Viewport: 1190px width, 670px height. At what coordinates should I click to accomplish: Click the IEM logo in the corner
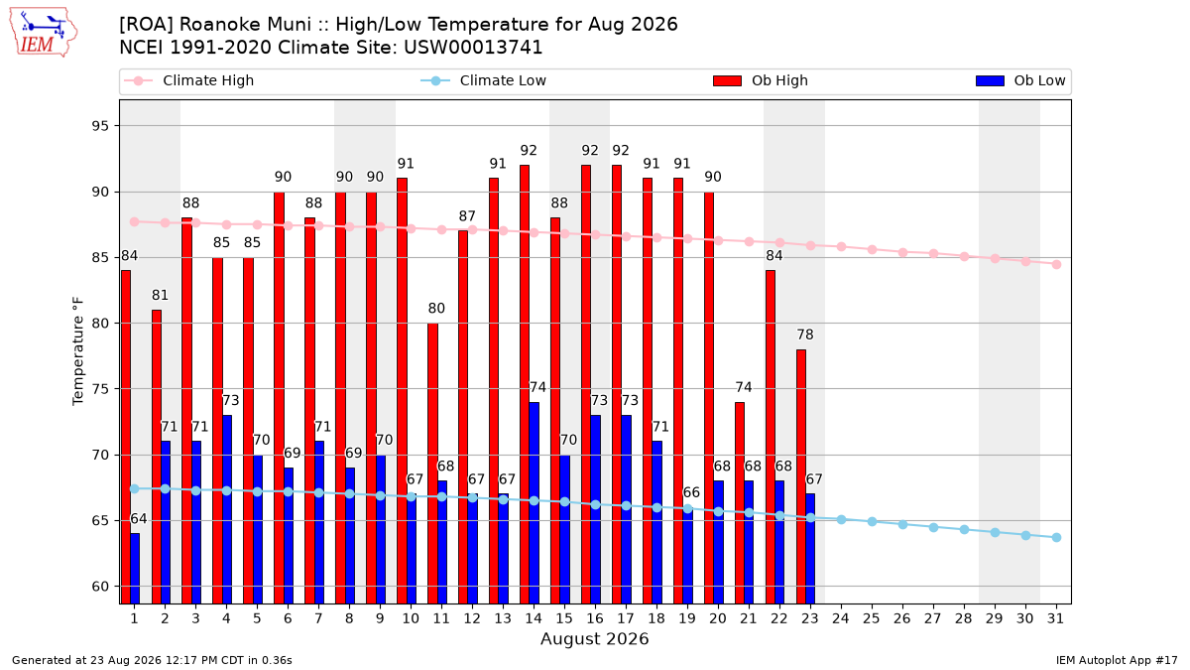tap(44, 33)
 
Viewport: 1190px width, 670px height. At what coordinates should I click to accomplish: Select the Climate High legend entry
tap(189, 80)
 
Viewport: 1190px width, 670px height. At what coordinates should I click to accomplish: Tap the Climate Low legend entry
tap(484, 80)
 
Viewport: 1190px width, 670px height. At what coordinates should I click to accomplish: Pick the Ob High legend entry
tap(761, 80)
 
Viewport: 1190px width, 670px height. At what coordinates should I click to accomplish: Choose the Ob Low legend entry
tap(1020, 80)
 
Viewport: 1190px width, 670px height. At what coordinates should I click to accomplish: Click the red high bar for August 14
tap(525, 384)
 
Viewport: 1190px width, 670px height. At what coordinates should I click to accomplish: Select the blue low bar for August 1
tap(135, 569)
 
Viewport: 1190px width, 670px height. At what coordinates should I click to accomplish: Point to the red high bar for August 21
tap(740, 503)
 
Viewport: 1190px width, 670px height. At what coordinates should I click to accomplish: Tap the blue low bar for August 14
tap(534, 503)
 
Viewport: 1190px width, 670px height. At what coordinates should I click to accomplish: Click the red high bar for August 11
tap(432, 464)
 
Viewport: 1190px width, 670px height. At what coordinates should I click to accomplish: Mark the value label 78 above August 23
tap(805, 335)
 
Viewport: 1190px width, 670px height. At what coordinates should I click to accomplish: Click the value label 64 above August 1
tap(139, 519)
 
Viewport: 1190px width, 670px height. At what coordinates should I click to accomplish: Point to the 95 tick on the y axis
tap(100, 126)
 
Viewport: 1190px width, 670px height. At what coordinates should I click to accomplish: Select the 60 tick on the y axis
tap(100, 587)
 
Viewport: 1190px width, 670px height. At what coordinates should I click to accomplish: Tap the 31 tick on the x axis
tap(1055, 618)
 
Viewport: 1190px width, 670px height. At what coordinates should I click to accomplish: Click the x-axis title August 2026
tap(594, 638)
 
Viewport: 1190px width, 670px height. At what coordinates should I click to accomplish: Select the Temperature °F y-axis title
tap(78, 351)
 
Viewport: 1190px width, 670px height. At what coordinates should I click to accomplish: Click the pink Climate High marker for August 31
tap(1056, 264)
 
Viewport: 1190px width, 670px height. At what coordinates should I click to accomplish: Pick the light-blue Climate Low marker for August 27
tap(933, 527)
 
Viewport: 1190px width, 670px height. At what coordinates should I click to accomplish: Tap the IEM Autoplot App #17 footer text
tap(1117, 660)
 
